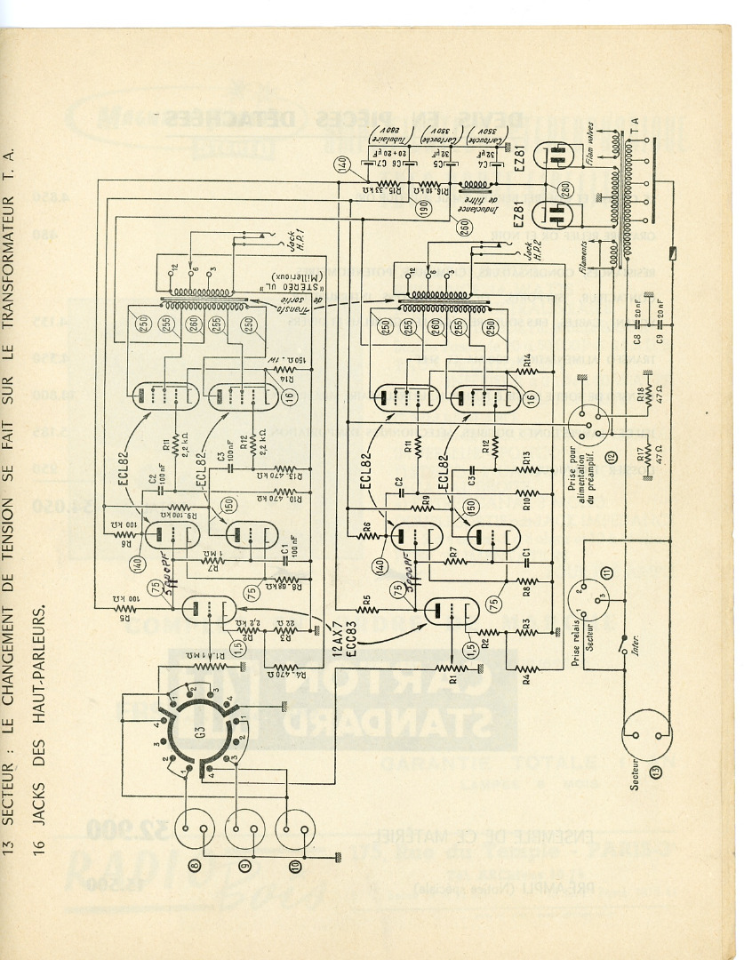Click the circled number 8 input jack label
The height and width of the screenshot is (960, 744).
click(196, 861)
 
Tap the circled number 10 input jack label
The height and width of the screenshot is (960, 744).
click(295, 863)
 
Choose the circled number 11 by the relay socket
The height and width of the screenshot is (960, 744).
click(606, 572)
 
